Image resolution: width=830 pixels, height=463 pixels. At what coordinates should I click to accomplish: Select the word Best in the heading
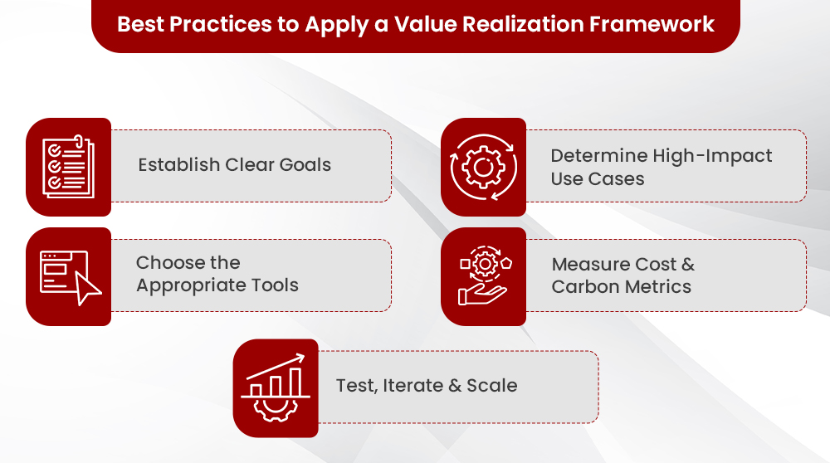140,23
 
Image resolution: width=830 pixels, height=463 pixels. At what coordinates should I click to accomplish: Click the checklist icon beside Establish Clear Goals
68,166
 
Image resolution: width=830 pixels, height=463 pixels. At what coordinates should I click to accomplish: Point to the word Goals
304,164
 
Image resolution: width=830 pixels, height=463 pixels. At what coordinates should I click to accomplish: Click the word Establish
179,164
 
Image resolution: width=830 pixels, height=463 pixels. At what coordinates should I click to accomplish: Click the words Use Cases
597,178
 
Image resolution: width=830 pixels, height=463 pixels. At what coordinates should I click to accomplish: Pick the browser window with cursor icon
68,276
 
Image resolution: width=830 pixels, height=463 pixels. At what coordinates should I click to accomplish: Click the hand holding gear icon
483,277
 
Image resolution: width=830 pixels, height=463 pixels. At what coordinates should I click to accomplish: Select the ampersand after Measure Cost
688,265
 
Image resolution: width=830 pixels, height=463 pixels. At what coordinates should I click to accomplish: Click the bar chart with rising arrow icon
276,387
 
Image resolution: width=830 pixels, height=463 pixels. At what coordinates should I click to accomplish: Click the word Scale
491,386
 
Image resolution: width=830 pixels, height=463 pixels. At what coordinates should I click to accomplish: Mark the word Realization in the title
544,23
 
